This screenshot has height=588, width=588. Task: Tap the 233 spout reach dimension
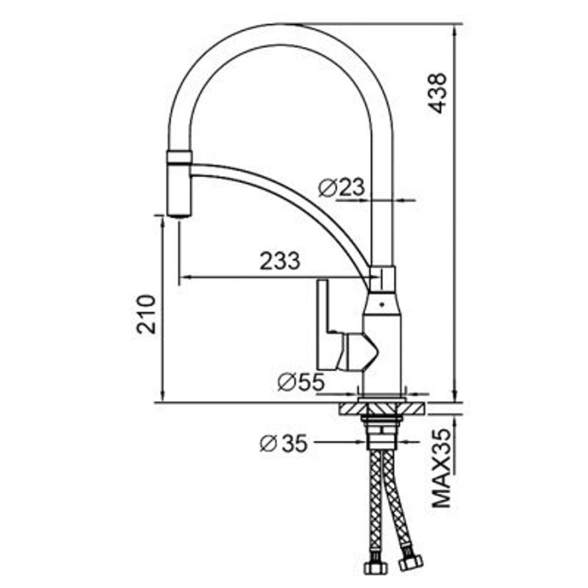coord(280,260)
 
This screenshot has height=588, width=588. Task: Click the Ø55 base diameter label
coord(300,383)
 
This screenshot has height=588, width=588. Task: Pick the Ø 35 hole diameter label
coord(283,443)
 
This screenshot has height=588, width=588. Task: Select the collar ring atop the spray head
coord(179,156)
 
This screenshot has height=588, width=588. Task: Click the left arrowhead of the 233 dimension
coord(182,276)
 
